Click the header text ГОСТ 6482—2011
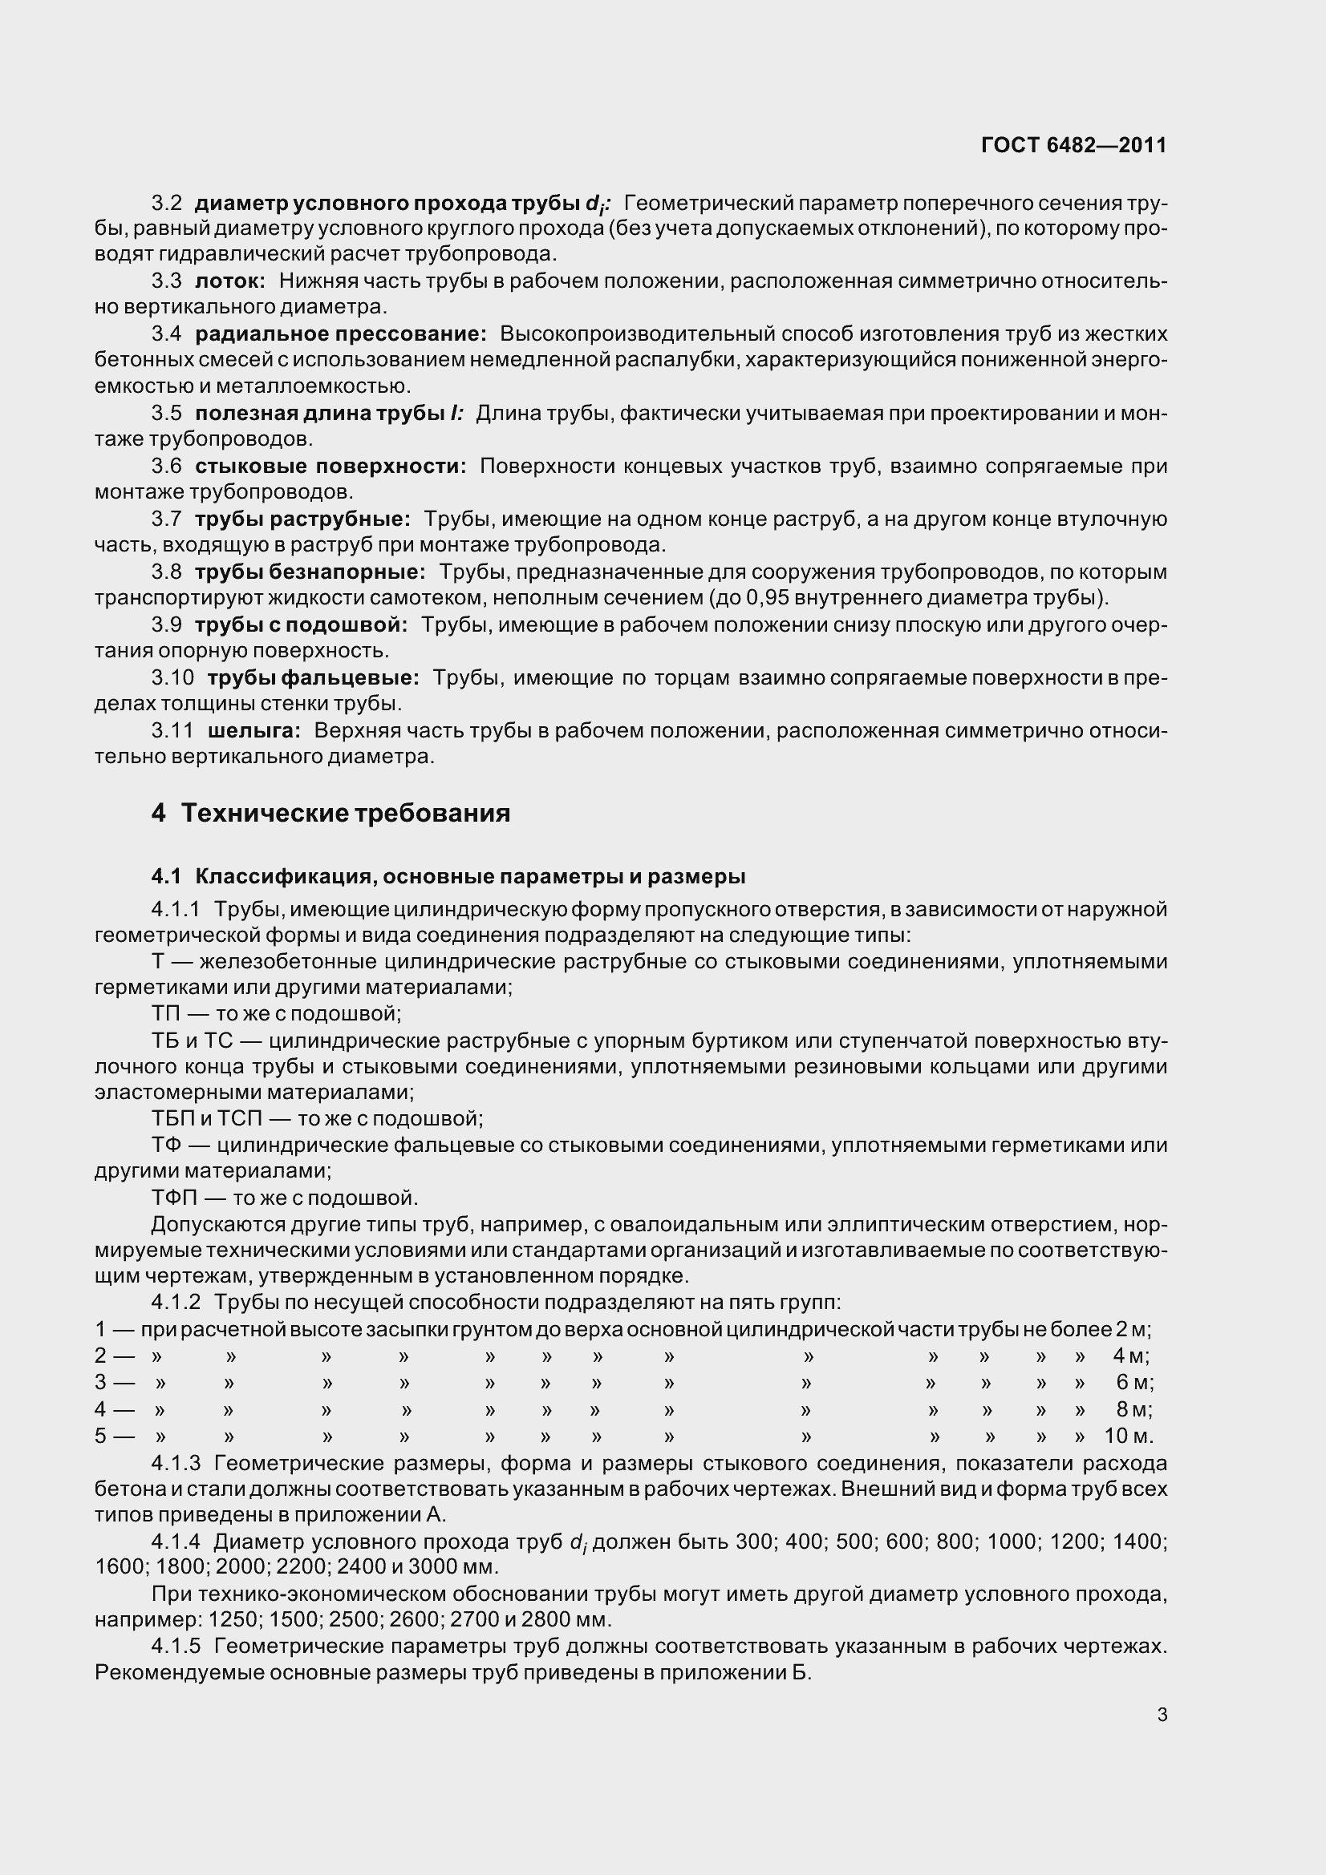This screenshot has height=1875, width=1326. point(1073,145)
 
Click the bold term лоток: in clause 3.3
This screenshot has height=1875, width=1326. point(230,281)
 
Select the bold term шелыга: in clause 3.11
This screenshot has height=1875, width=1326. point(254,730)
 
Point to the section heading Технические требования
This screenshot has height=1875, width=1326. point(345,814)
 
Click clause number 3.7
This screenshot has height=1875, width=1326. point(167,519)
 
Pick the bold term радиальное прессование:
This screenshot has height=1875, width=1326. point(341,333)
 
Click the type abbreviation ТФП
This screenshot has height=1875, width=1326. point(174,1198)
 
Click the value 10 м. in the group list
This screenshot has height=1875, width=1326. point(1129,1436)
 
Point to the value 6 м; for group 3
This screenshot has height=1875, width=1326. point(1134,1383)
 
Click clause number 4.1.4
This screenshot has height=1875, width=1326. point(176,1542)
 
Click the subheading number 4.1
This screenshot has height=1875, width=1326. point(166,877)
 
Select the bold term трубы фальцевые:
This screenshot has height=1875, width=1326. point(313,677)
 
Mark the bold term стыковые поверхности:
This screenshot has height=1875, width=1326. point(330,466)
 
